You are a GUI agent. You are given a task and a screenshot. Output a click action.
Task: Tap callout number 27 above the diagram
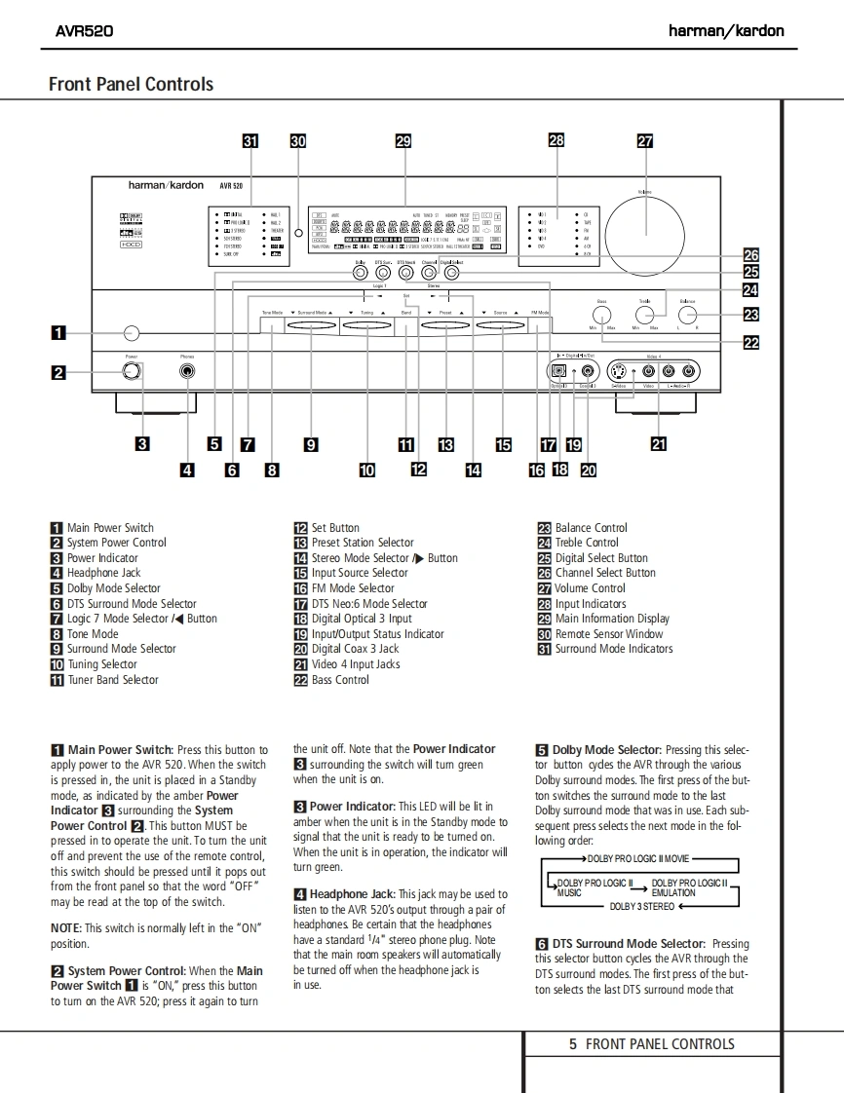(x=644, y=140)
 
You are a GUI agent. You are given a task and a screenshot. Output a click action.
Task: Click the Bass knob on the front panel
(x=602, y=314)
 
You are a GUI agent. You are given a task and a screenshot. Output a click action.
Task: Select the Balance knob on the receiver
(x=688, y=314)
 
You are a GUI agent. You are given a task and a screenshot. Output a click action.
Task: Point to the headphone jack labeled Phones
(x=186, y=371)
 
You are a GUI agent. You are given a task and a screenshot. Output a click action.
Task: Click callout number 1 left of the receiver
(x=58, y=333)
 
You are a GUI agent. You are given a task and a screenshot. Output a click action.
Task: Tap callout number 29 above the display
(x=403, y=140)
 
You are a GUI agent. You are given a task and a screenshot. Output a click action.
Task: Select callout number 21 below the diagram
(x=659, y=445)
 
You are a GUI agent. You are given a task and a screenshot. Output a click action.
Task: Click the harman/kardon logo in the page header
(x=726, y=30)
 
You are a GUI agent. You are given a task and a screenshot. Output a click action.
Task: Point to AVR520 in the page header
(x=84, y=30)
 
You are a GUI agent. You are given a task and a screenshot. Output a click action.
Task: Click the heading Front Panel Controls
(x=131, y=84)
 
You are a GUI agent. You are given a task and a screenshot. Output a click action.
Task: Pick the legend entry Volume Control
(x=590, y=588)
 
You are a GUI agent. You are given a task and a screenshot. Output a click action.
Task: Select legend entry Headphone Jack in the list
(x=103, y=573)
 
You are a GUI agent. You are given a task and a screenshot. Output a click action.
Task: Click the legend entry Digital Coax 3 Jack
(x=355, y=649)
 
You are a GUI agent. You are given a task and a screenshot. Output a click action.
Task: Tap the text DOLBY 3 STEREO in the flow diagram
(x=642, y=907)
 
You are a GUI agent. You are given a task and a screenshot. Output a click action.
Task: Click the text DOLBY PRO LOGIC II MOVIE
(x=638, y=859)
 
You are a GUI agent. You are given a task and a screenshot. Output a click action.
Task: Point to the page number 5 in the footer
(x=573, y=1044)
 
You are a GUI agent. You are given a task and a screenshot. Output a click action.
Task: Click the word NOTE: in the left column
(x=66, y=928)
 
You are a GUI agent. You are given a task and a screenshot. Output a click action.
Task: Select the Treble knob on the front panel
(x=645, y=314)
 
